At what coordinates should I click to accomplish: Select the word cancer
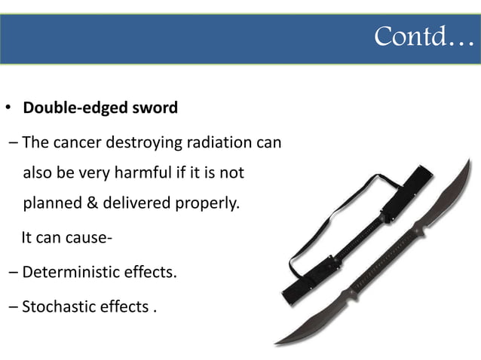(79, 142)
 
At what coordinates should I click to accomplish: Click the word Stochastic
(57, 306)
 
